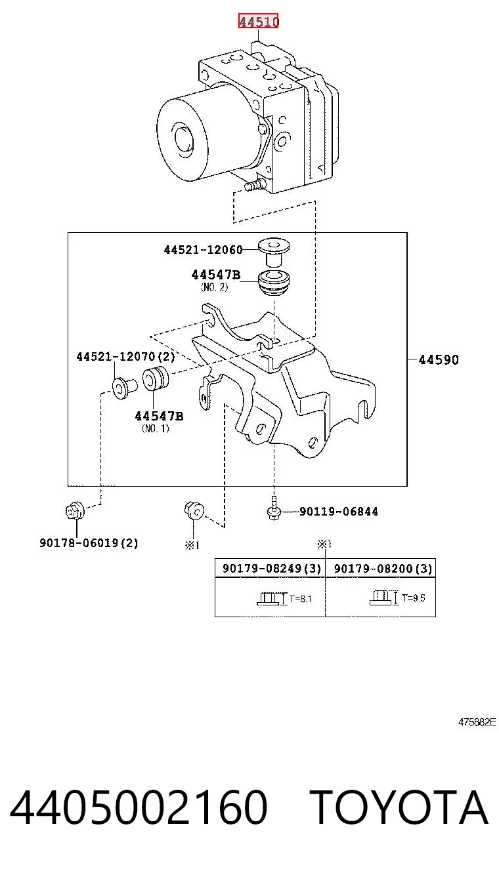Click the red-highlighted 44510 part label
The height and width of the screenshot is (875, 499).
(258, 21)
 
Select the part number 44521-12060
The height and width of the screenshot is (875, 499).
(203, 250)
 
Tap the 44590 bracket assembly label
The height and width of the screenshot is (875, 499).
(439, 359)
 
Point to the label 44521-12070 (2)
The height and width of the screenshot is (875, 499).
(125, 356)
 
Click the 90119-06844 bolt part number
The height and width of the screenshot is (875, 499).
(339, 512)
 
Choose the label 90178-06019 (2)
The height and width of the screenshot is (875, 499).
(89, 542)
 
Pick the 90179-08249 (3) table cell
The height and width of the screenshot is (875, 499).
(272, 568)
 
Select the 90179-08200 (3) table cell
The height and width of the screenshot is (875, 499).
(383, 568)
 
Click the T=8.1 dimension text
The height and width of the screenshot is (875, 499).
(300, 598)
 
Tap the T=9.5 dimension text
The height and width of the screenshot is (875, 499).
(414, 598)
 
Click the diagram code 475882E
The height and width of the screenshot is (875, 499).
(477, 722)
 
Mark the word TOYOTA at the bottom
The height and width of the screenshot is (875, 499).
(399, 807)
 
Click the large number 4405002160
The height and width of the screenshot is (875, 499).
(139, 807)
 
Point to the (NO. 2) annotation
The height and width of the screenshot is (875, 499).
(214, 287)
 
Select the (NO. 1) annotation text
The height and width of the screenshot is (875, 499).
(156, 428)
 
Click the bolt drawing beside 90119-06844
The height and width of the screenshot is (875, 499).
(274, 508)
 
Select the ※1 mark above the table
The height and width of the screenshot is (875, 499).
(324, 544)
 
